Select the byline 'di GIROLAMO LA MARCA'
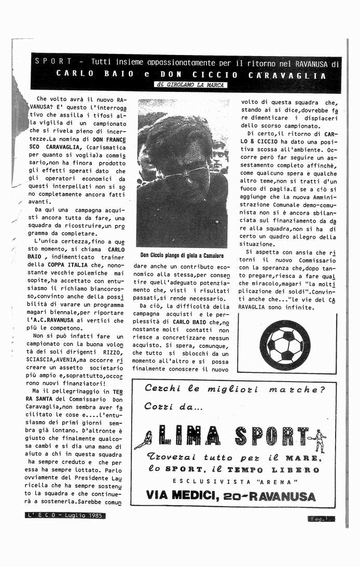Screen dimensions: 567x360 190,85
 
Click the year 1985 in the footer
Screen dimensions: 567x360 95,516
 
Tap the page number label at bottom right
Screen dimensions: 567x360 321,518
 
